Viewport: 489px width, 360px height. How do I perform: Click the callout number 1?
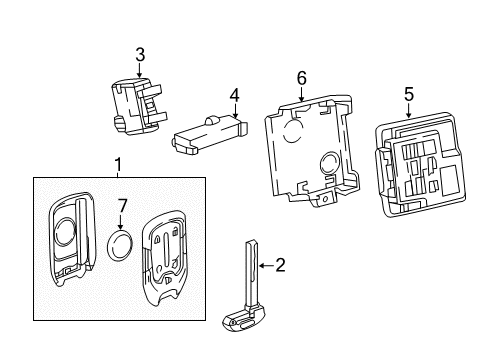pyautogui.click(x=117, y=164)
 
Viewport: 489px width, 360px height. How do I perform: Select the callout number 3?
pyautogui.click(x=140, y=54)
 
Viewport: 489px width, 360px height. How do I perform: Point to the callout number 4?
pyautogui.click(x=234, y=96)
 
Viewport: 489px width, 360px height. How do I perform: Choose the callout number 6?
pyautogui.click(x=301, y=78)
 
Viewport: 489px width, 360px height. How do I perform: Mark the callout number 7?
pyautogui.click(x=123, y=207)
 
